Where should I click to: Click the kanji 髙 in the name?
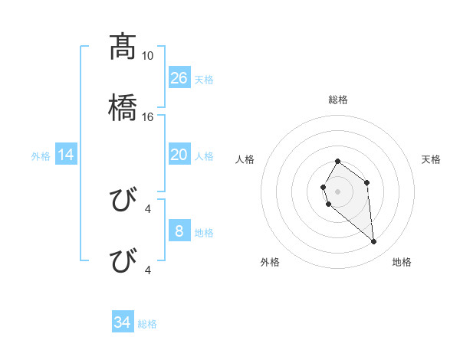[x=121, y=47]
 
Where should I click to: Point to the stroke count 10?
[x=148, y=56]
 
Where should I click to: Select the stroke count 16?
[x=148, y=116]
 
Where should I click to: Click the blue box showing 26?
[x=179, y=78]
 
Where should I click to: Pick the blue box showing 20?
[x=179, y=155]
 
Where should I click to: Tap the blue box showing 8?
[x=179, y=231]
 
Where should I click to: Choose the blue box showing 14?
[x=66, y=155]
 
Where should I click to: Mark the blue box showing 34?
[x=123, y=322]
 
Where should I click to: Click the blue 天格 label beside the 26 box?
[x=204, y=80]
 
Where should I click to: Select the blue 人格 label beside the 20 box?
[x=204, y=156]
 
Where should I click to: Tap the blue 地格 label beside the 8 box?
[x=204, y=233]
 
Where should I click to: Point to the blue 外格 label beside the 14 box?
[x=41, y=156]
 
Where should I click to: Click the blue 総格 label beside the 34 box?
[x=147, y=324]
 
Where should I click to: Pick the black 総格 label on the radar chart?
[x=338, y=100]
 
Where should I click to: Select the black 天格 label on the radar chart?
[x=432, y=159]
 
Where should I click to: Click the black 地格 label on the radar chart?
[x=402, y=262]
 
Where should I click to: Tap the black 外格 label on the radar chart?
[x=270, y=262]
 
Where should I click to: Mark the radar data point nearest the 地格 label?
[x=374, y=242]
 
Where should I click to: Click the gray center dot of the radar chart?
[x=337, y=190]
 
